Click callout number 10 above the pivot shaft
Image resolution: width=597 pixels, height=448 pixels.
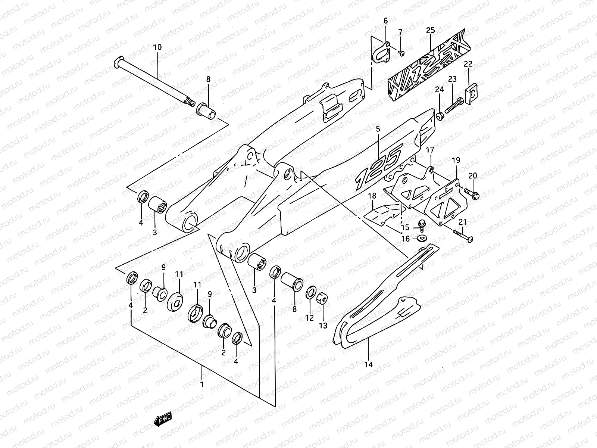157,47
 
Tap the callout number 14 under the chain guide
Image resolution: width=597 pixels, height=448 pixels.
368,364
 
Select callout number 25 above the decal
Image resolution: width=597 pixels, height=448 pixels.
431,30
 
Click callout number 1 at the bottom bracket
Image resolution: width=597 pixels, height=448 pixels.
202,384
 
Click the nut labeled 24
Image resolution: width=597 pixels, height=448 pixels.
439,116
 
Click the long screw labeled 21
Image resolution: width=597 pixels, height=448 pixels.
463,236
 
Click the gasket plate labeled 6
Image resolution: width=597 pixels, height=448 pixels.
381,52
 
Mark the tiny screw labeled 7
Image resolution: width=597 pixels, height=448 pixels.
401,53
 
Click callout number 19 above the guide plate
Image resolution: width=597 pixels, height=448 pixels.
456,161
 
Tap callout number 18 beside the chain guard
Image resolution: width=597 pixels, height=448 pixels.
372,196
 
